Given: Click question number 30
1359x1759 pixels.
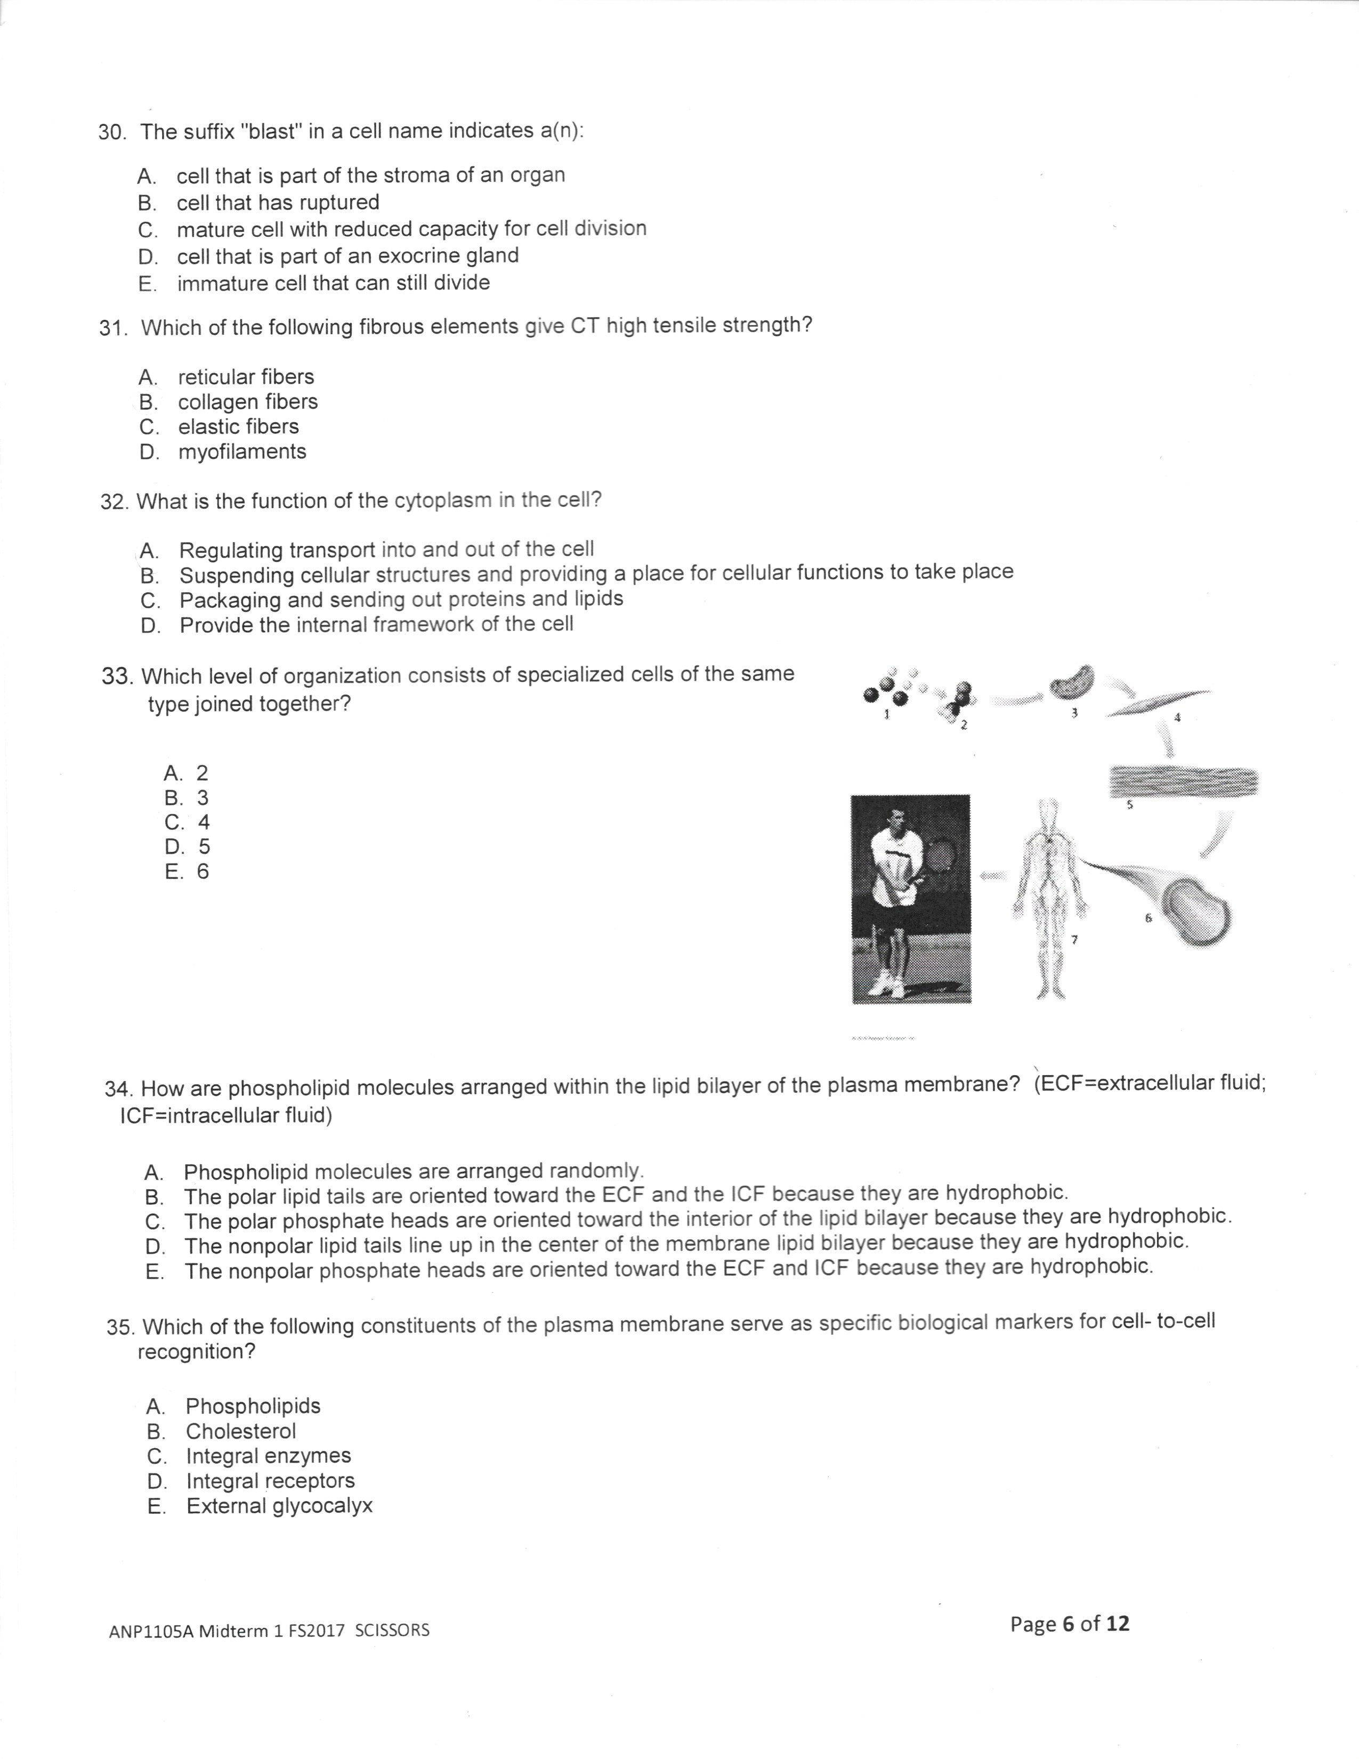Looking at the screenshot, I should pos(112,133).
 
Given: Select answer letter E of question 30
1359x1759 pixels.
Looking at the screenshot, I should pos(147,284).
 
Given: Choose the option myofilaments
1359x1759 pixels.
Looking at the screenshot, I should pos(241,452).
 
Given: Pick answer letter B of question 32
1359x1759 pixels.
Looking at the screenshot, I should pos(149,576).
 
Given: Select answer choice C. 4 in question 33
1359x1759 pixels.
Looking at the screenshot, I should pos(186,822).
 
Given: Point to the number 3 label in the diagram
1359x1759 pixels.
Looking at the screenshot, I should pos(1073,713).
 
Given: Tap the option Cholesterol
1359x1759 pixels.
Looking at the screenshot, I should pos(241,1431).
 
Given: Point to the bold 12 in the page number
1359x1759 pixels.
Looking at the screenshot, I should pos(1118,1624).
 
